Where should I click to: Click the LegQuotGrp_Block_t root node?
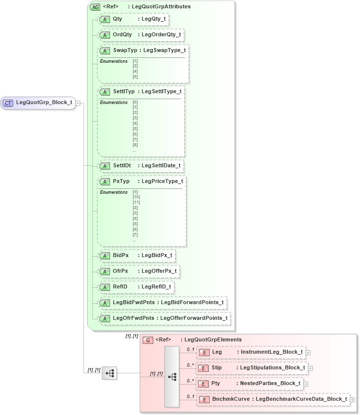coord(38,103)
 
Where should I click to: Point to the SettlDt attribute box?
coord(140,166)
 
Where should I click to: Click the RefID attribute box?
coord(136,287)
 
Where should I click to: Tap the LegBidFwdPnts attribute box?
coord(162,303)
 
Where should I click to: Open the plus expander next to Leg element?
coord(308,352)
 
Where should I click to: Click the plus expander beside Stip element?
coord(310,368)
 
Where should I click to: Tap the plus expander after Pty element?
coord(306,384)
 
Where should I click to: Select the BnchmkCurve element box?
coord(273,399)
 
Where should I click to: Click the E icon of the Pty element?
coord(203,384)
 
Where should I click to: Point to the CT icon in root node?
coord(8,103)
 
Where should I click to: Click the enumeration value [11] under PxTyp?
coord(136,202)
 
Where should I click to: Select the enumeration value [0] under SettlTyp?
coord(135,102)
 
